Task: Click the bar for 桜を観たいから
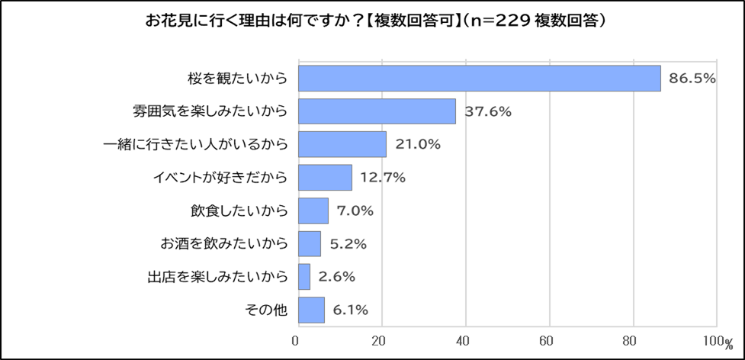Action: pos(479,79)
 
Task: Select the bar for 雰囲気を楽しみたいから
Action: pos(377,111)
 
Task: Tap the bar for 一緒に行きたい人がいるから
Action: pos(342,144)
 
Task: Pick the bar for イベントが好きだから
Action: pos(325,178)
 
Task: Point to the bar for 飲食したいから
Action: pos(313,211)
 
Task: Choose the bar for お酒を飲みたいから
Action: pos(309,244)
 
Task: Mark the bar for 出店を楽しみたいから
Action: pos(303,277)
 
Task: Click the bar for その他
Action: pos(311,310)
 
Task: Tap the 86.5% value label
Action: pos(692,79)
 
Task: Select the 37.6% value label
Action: pos(488,112)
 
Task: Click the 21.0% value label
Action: pos(418,145)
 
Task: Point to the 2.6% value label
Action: pos(336,277)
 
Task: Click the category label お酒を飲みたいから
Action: pos(224,244)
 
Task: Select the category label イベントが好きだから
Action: pos(218,178)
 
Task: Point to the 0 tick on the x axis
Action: pos(297,340)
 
